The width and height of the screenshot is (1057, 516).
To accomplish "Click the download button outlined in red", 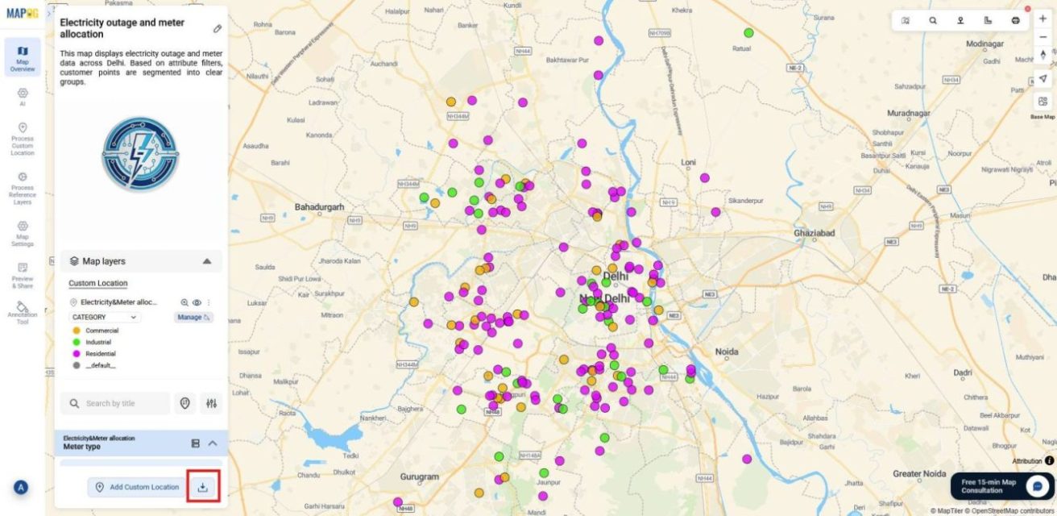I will pyautogui.click(x=203, y=487).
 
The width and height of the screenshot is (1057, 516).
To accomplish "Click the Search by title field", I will pyautogui.click(x=117, y=403).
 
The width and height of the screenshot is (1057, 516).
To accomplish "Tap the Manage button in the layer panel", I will pyautogui.click(x=193, y=318).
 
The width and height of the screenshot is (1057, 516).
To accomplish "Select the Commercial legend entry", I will pyautogui.click(x=102, y=331).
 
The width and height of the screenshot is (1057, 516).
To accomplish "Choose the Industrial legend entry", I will pyautogui.click(x=98, y=342).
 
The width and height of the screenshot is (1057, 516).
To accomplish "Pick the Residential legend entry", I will pyautogui.click(x=100, y=354).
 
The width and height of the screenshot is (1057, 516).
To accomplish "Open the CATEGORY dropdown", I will pyautogui.click(x=106, y=318).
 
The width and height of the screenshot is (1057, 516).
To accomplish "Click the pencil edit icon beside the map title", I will pyautogui.click(x=217, y=29).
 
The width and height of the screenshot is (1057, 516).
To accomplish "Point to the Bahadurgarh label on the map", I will pyautogui.click(x=319, y=207).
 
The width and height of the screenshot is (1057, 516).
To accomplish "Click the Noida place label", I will pyautogui.click(x=727, y=352).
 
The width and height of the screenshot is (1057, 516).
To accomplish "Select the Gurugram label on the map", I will pyautogui.click(x=420, y=476).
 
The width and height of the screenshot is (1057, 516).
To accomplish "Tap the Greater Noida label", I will pyautogui.click(x=918, y=473).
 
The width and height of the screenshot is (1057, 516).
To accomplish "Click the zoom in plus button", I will pyautogui.click(x=1042, y=19).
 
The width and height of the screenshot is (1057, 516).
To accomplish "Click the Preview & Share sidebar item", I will pyautogui.click(x=23, y=275).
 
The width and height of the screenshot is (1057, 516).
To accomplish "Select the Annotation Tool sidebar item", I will pyautogui.click(x=23, y=313).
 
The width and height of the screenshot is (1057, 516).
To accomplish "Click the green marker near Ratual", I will pyautogui.click(x=748, y=33).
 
